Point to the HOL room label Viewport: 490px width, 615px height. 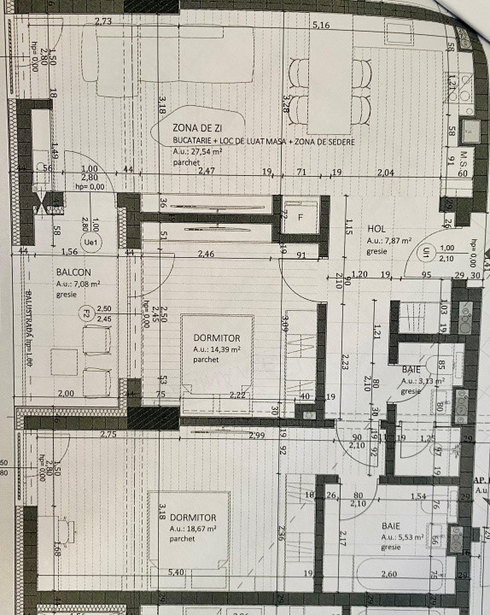click(376, 229)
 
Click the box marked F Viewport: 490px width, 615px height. click(300, 217)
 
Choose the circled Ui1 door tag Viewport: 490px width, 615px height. click(426, 252)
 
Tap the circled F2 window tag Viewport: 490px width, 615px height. click(86, 313)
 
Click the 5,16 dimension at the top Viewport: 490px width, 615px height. click(321, 25)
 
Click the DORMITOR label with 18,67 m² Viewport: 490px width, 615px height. click(192, 518)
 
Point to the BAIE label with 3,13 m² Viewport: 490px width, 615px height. click(411, 369)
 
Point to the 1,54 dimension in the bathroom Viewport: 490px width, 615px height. click(417, 496)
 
